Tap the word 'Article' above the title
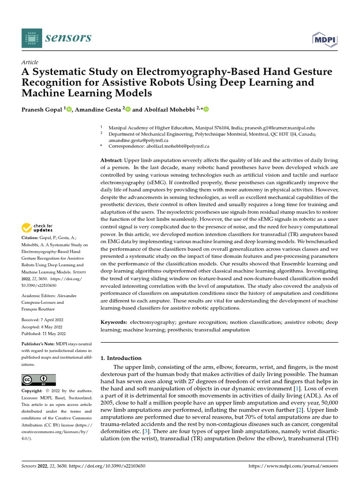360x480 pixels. pos(30,62)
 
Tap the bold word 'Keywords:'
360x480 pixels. pos(114,323)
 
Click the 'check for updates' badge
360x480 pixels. pos(37,228)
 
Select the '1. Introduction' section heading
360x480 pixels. pos(121,358)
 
